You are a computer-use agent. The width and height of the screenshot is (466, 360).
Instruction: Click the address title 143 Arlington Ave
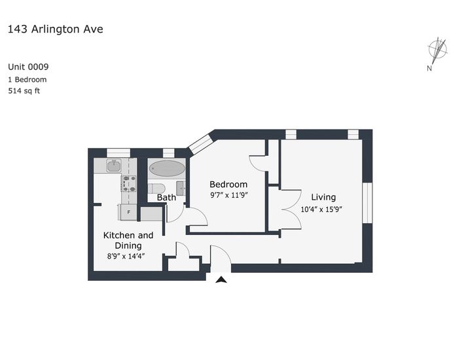click(55, 29)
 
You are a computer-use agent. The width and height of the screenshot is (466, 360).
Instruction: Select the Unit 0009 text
click(28, 67)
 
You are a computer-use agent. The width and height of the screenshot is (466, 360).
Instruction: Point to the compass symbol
click(437, 50)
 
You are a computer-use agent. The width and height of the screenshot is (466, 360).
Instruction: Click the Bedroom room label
click(228, 184)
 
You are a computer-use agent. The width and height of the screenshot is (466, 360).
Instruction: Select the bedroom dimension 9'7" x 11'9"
click(228, 195)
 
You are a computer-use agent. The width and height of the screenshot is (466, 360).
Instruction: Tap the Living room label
click(323, 197)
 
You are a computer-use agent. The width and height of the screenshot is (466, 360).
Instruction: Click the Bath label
click(166, 197)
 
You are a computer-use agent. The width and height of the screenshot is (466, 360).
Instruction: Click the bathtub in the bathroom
click(167, 169)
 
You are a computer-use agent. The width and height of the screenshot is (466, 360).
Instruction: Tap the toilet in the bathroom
click(156, 189)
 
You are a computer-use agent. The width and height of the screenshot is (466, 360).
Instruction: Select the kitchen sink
click(113, 167)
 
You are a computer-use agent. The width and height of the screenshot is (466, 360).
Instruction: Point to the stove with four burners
click(128, 184)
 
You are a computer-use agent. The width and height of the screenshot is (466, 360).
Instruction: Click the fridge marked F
click(128, 212)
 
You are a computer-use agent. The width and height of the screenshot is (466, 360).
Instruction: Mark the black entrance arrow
click(221, 279)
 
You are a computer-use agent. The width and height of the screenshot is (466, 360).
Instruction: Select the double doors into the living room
click(290, 209)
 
